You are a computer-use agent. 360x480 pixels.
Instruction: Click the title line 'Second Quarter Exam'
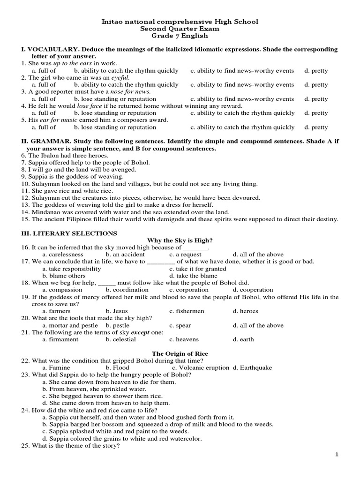(x=180, y=29)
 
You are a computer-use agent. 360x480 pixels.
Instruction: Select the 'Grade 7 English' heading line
(x=180, y=36)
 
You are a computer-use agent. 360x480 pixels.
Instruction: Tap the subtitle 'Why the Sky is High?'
(x=180, y=240)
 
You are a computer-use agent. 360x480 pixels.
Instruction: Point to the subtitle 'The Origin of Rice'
(x=180, y=353)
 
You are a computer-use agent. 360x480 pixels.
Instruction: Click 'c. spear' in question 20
(x=180, y=325)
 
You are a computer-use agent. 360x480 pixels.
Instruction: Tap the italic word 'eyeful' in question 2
(x=120, y=78)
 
